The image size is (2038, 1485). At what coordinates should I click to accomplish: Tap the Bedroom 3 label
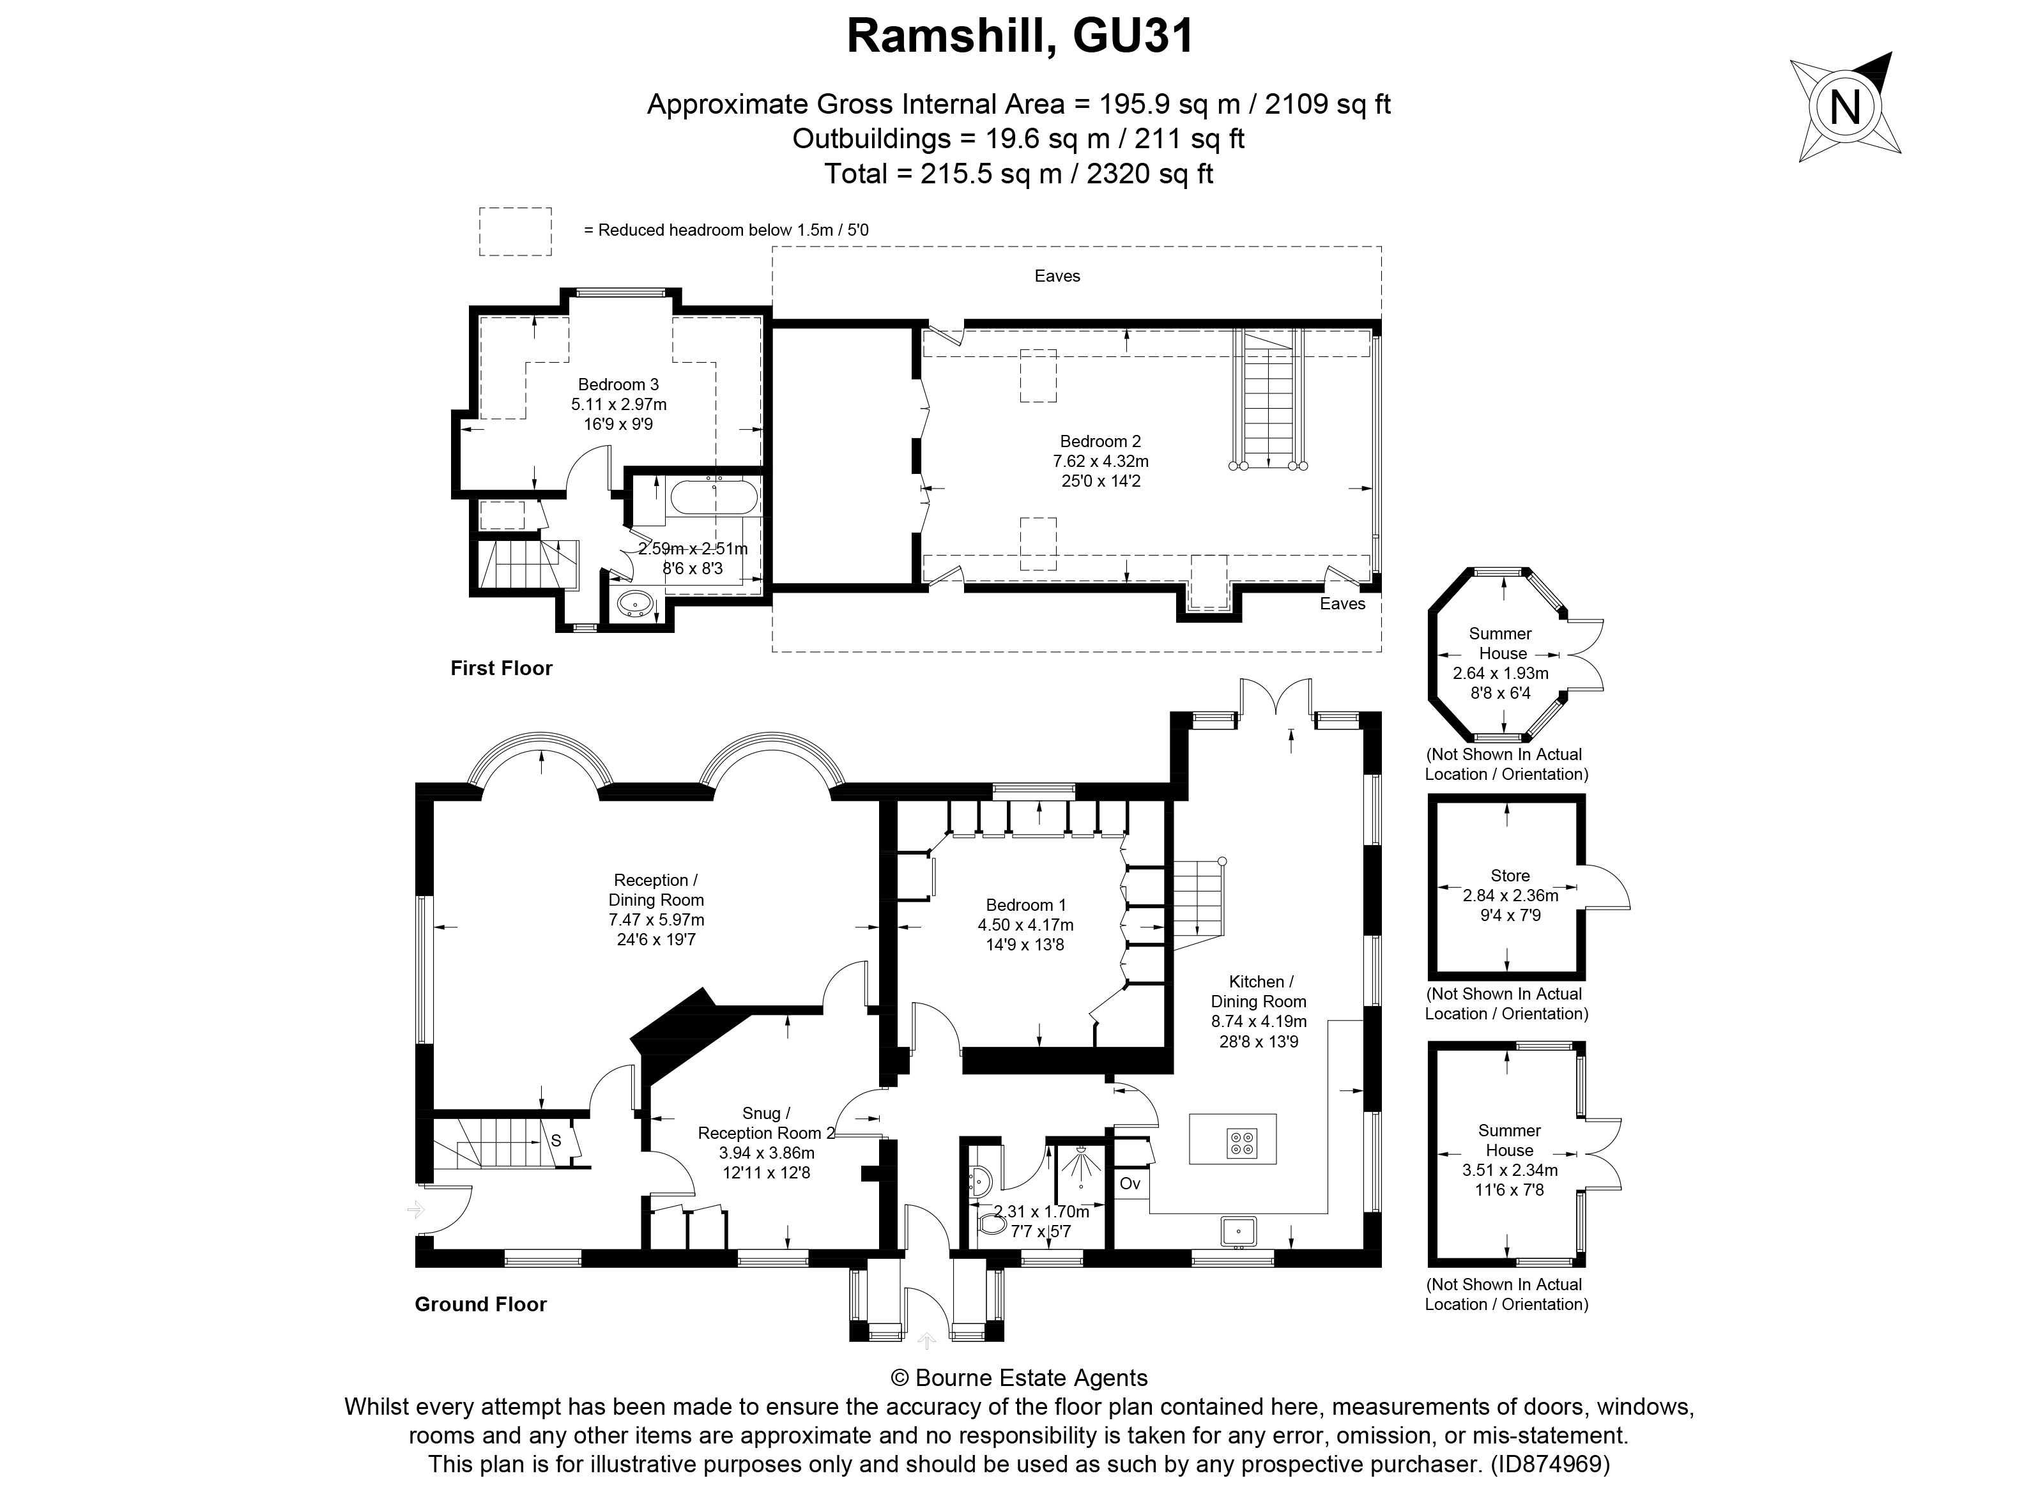point(618,385)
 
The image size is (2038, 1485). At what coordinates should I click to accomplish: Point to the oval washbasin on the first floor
point(636,604)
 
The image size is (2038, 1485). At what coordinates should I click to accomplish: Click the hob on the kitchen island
point(1241,1143)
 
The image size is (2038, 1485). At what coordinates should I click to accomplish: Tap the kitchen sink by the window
point(1238,1230)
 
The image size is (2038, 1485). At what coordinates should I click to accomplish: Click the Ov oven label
point(1130,1184)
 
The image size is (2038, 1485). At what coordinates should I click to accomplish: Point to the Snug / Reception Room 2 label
point(766,1123)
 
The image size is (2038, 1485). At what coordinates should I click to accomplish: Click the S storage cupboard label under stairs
point(556,1141)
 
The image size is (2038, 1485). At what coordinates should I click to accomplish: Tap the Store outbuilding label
point(1510,876)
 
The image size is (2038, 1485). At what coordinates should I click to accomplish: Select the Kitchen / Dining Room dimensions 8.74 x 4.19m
point(1259,1021)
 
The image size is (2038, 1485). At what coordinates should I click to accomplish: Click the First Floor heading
point(501,668)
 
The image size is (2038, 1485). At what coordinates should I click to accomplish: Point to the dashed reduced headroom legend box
point(514,231)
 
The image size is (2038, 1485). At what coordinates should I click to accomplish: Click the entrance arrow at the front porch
point(926,1341)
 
